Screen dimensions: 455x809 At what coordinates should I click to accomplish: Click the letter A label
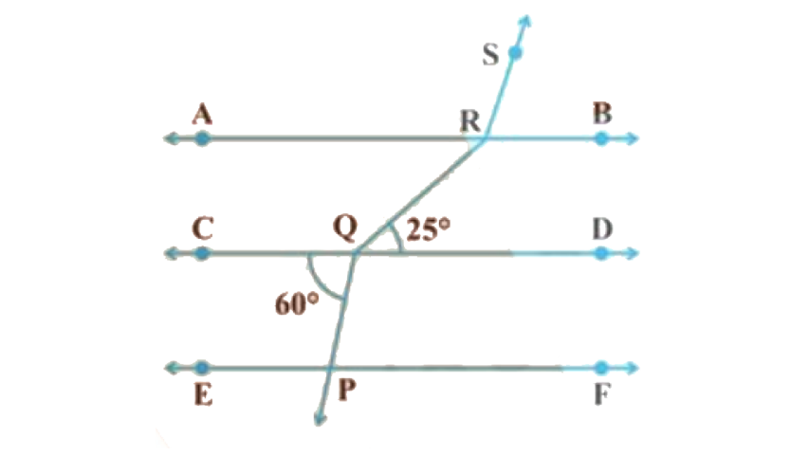200,115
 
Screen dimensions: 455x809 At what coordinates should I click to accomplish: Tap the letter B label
602,114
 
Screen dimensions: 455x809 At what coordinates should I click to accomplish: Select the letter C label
201,228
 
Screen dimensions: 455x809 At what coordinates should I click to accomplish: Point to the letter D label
602,228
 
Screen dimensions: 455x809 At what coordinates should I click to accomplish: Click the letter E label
201,392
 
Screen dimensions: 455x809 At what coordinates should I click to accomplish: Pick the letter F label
601,392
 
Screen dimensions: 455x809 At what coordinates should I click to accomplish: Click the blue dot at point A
201,138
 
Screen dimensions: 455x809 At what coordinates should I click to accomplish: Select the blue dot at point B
601,138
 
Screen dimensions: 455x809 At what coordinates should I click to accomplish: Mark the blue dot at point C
201,253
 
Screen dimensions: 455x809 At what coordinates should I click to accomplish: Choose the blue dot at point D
601,253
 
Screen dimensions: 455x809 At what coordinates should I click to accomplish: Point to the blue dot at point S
515,53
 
